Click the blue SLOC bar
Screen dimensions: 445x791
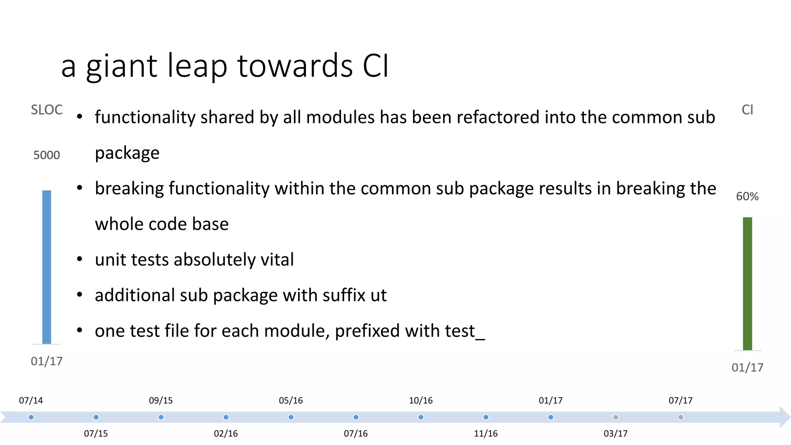click(x=47, y=267)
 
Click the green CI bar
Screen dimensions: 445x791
click(x=747, y=284)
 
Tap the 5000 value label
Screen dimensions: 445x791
click(x=47, y=155)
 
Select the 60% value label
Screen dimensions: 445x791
click(x=747, y=197)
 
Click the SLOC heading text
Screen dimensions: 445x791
click(x=47, y=110)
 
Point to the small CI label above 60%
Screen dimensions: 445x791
click(x=747, y=110)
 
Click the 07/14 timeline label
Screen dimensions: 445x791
click(x=31, y=401)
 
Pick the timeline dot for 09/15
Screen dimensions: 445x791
click(x=161, y=417)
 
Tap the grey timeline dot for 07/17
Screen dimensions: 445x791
click(x=681, y=417)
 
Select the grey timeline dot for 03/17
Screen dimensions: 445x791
click(x=616, y=417)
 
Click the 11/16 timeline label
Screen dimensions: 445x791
click(x=485, y=433)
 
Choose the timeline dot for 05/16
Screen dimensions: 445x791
click(x=291, y=417)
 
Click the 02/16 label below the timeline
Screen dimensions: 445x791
click(x=226, y=433)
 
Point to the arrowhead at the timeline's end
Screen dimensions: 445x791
click(x=785, y=417)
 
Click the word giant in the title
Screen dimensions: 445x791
click(x=121, y=66)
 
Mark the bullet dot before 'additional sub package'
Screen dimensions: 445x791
click(x=80, y=295)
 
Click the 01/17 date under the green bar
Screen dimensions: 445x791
click(x=747, y=367)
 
